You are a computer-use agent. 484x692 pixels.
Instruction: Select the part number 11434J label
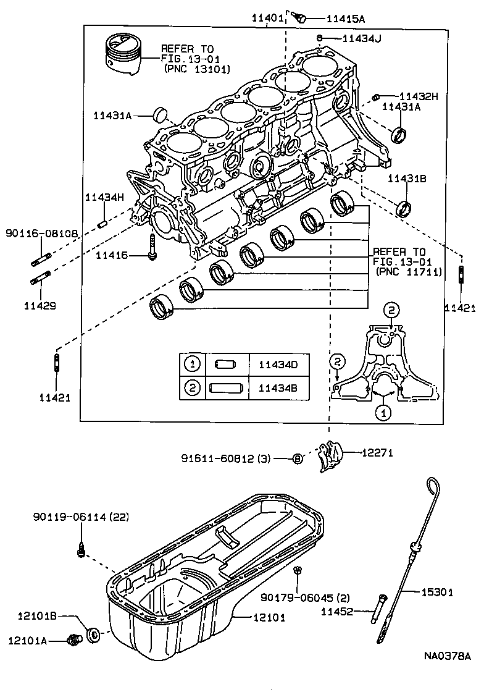[362, 38]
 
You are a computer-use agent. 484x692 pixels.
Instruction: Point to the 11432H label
[418, 96]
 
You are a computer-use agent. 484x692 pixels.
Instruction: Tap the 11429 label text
[40, 305]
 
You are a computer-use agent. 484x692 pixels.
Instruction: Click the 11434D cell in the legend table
[277, 365]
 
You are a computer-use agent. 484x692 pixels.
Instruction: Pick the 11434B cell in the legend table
[277, 387]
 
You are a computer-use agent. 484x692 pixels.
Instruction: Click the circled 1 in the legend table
[193, 365]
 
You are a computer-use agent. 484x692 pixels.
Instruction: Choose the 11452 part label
[336, 612]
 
